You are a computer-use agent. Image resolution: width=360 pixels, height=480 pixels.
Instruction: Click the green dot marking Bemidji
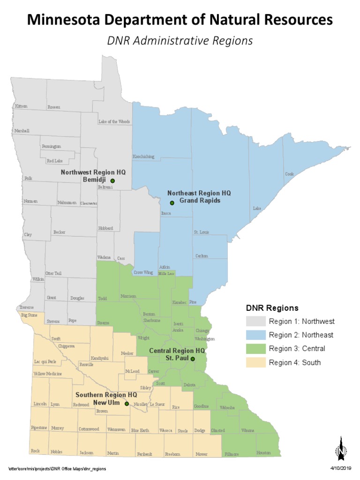[x=112, y=180]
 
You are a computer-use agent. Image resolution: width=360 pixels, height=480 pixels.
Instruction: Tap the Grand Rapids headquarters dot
[x=172, y=203]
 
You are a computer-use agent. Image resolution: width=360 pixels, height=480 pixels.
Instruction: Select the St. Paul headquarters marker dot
[x=193, y=359]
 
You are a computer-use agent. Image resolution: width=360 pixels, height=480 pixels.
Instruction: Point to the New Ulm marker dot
[x=127, y=403]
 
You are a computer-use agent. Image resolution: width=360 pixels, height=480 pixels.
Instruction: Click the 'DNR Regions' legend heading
[x=272, y=308]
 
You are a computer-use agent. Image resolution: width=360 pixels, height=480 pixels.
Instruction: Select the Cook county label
[x=289, y=174]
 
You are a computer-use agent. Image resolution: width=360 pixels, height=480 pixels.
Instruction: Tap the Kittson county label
[x=21, y=106]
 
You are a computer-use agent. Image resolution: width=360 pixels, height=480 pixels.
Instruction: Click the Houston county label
[x=263, y=453]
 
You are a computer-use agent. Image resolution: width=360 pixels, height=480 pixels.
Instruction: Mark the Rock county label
[x=35, y=451]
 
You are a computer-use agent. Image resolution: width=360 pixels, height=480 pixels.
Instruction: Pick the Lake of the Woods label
[x=114, y=121]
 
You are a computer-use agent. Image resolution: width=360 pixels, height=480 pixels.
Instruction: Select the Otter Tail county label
[x=53, y=273]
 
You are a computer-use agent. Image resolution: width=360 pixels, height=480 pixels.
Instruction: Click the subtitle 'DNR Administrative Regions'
[x=180, y=41]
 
